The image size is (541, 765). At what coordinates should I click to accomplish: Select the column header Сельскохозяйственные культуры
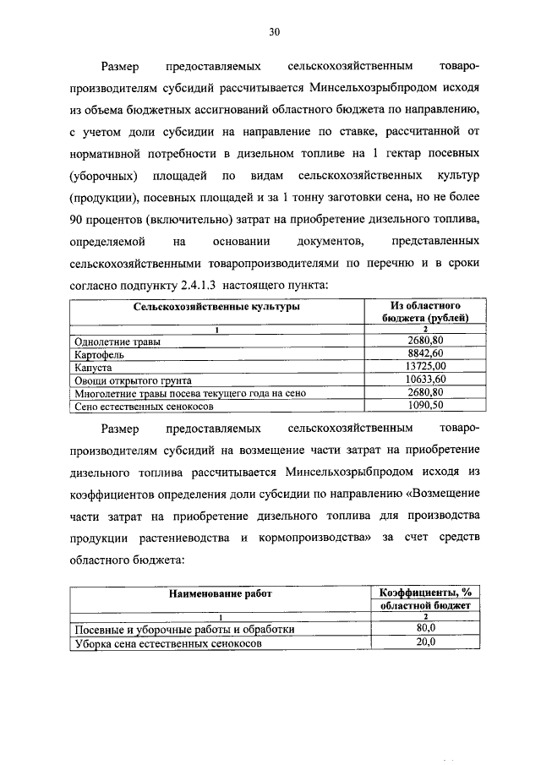[x=216, y=308]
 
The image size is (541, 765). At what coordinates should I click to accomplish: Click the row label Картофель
[x=100, y=356]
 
